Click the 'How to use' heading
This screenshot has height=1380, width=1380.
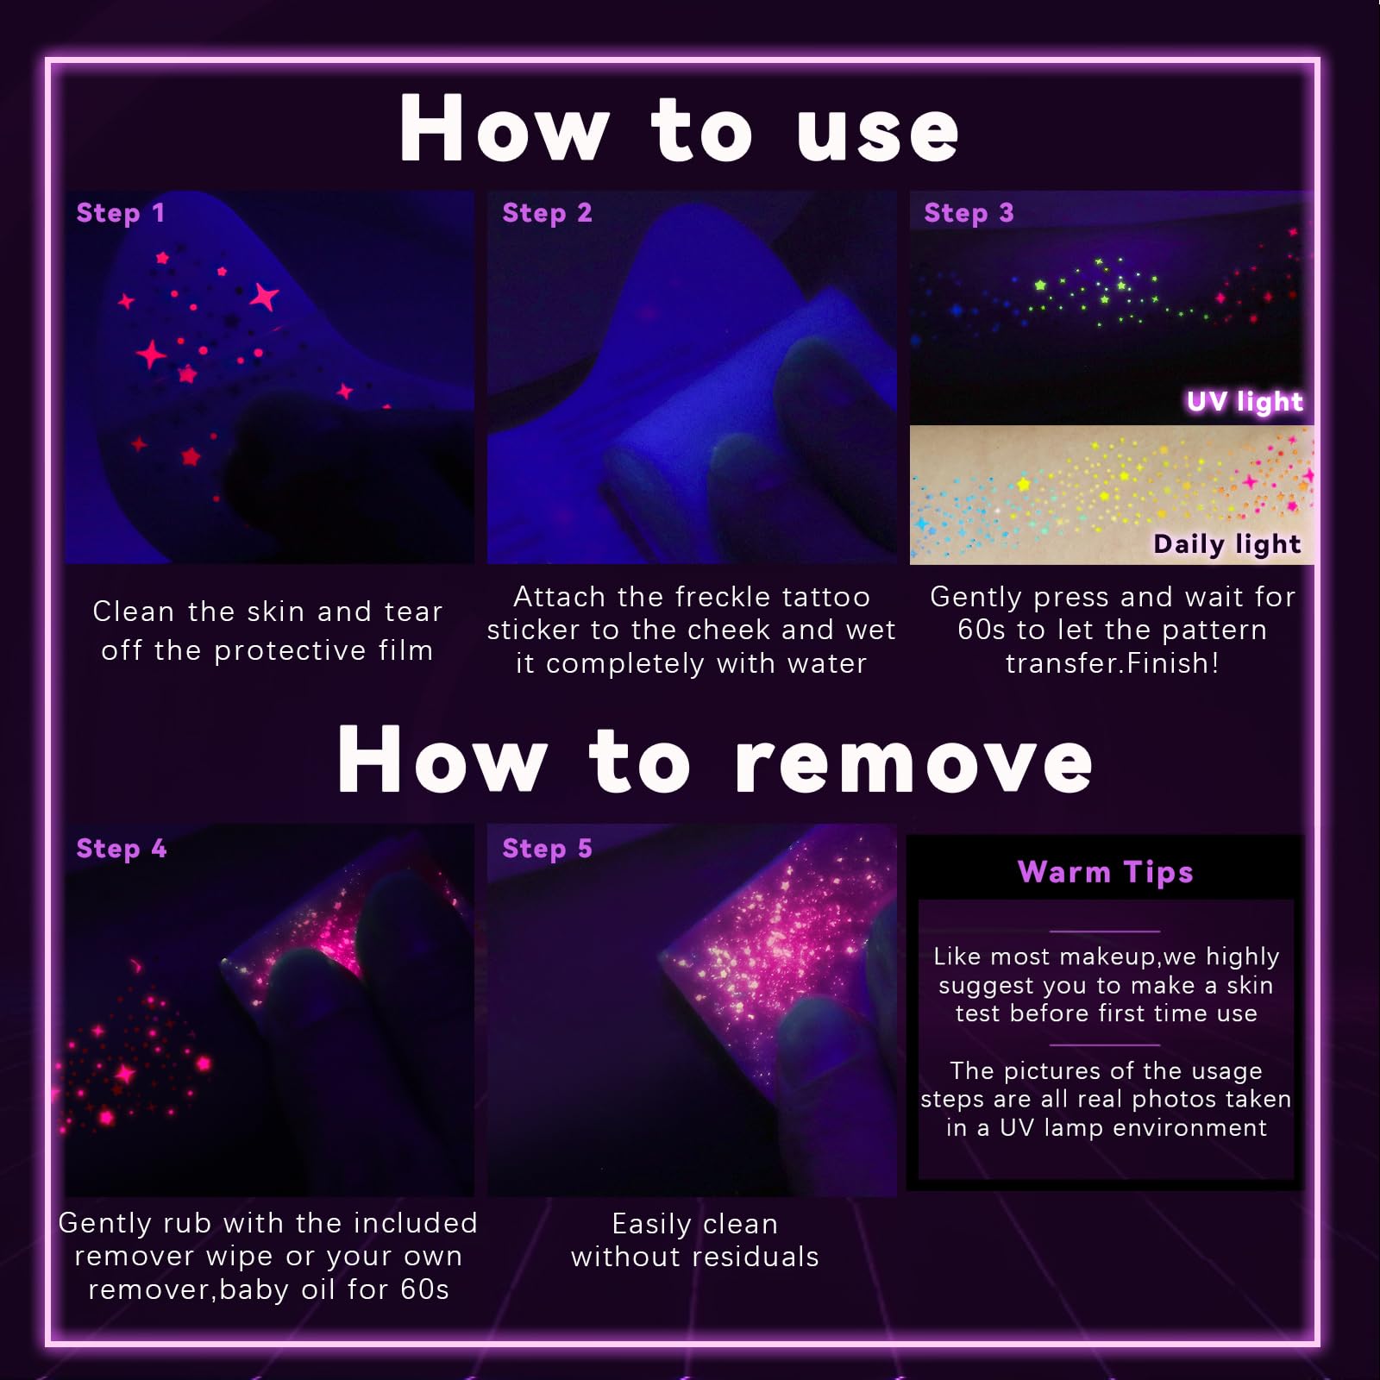[679, 129]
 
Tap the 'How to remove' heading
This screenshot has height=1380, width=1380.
[715, 760]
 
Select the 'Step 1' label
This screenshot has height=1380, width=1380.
[120, 213]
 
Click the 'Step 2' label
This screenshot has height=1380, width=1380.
[547, 213]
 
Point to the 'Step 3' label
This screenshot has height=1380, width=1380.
[969, 213]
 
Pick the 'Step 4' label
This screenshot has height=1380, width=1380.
[121, 849]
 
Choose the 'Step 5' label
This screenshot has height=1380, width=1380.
[547, 849]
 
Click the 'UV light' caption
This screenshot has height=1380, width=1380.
[1245, 402]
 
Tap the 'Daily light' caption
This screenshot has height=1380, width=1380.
[1227, 544]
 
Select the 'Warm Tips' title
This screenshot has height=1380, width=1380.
[1105, 872]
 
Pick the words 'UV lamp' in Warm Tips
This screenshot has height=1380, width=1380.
[1047, 1128]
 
